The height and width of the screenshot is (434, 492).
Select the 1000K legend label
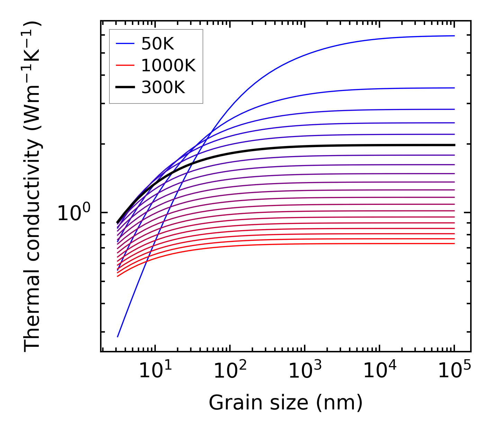[x=168, y=65]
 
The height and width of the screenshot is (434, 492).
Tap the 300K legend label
[x=163, y=88]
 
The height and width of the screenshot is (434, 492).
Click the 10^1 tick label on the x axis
[x=155, y=371]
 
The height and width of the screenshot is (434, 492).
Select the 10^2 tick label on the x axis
[x=230, y=371]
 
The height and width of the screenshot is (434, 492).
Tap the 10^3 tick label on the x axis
[x=305, y=371]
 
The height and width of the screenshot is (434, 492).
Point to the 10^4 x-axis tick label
[x=379, y=371]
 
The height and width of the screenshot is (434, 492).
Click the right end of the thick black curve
[x=454, y=145]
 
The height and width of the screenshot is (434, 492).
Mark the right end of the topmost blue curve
[x=454, y=36]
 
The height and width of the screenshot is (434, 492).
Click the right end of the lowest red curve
[x=454, y=244]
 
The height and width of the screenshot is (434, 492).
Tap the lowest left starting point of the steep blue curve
[x=118, y=336]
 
